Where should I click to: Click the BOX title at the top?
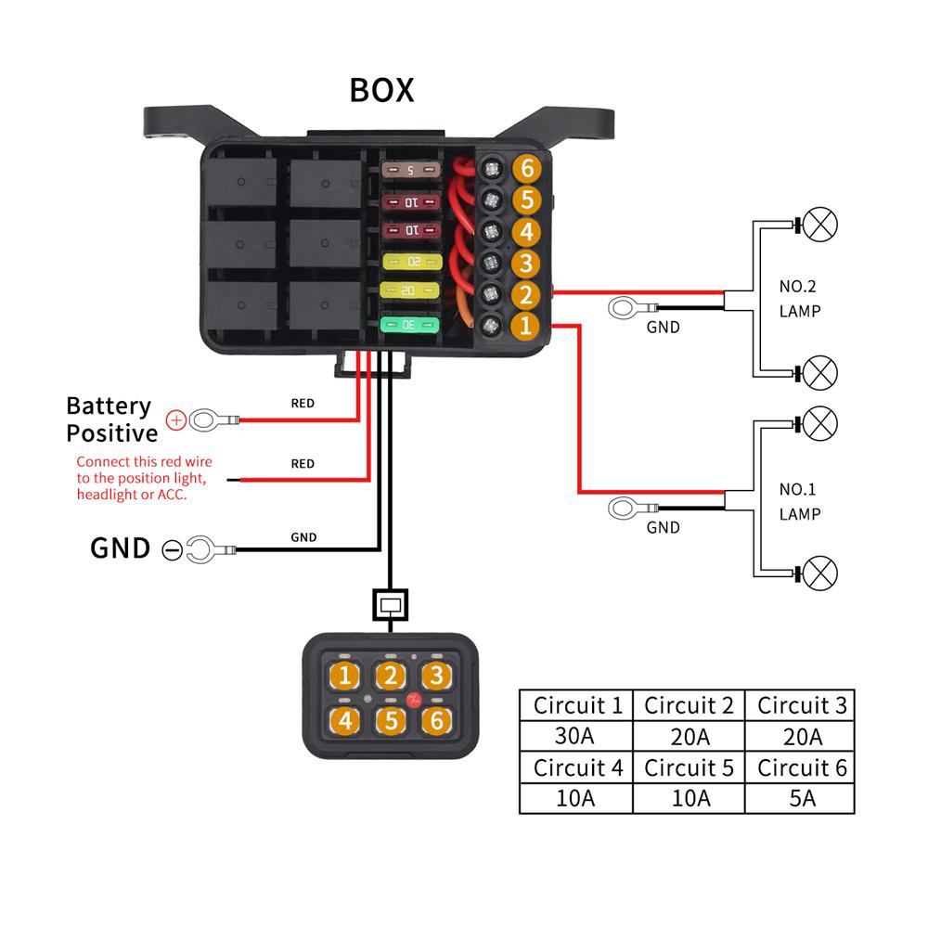coord(381,90)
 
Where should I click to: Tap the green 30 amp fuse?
coord(408,325)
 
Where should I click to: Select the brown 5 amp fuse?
coord(409,171)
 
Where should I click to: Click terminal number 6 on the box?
coord(526,169)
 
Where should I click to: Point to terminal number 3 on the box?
coord(526,263)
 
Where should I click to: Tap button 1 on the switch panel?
coord(344,676)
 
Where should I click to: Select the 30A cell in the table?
coord(575,737)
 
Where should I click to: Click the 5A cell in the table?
coord(799,798)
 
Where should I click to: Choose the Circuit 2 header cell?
coord(688,705)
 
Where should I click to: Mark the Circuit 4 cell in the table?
coord(575,767)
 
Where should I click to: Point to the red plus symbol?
coord(175,421)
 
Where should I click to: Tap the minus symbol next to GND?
coord(171,549)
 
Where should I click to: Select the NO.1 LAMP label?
coord(799,501)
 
